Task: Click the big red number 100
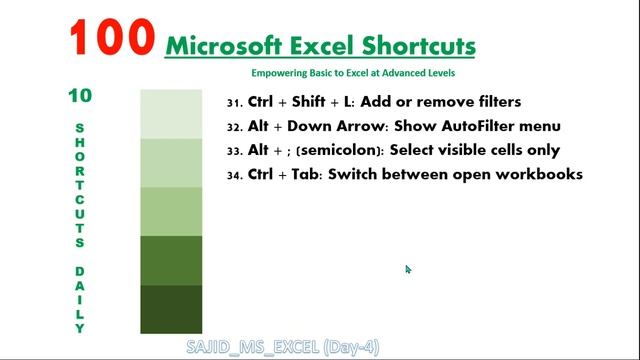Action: click(112, 38)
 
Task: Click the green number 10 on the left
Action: click(80, 96)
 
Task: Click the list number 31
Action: click(235, 103)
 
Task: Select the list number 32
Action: click(235, 127)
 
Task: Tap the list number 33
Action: click(235, 151)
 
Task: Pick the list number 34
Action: click(235, 176)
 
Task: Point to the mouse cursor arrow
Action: click(408, 269)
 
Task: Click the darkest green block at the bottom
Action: click(171, 308)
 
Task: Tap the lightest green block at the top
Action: click(171, 114)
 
